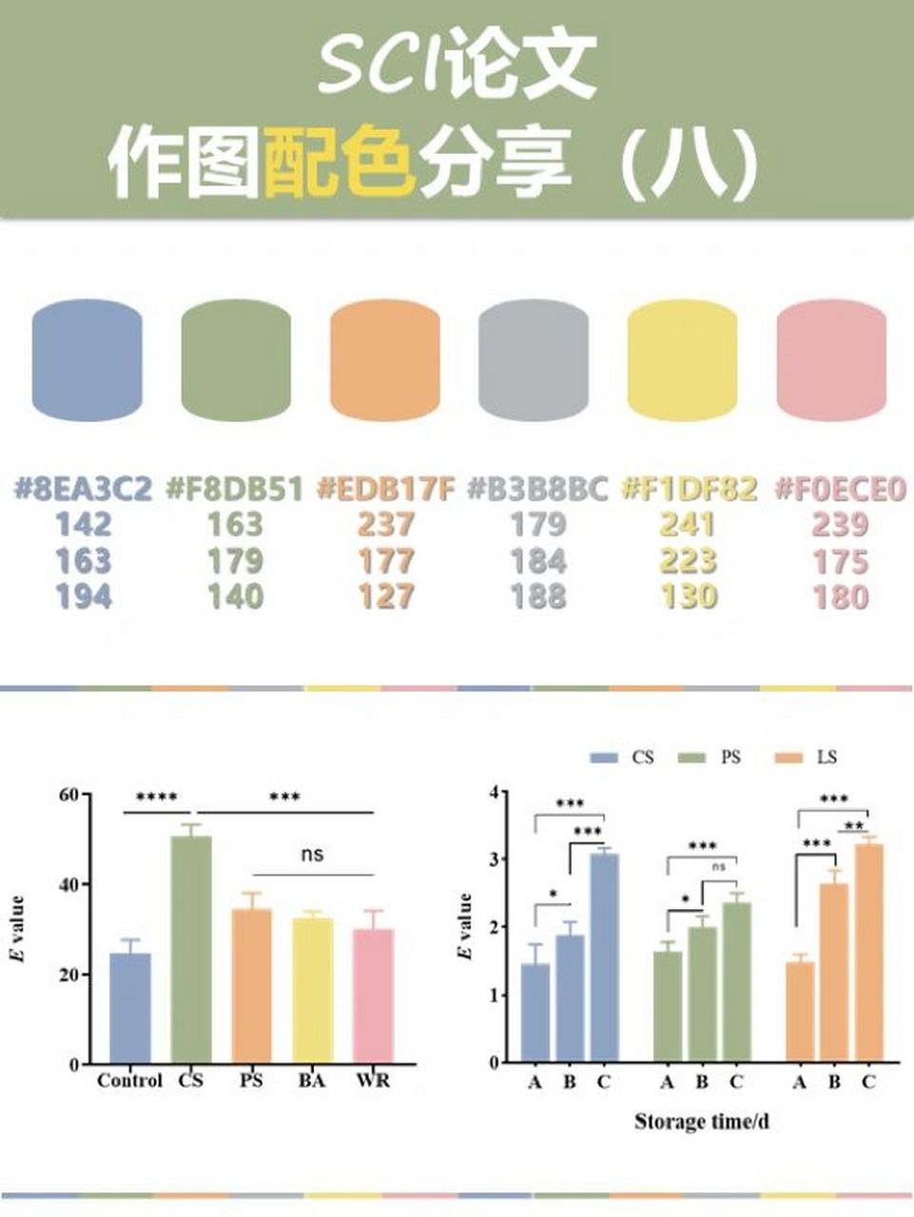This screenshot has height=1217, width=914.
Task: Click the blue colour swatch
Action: pyautogui.click(x=87, y=359)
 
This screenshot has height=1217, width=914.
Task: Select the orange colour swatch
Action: pyautogui.click(x=385, y=359)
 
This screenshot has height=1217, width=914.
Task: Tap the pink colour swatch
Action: pyautogui.click(x=831, y=359)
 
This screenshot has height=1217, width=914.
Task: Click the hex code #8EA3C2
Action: pyautogui.click(x=83, y=490)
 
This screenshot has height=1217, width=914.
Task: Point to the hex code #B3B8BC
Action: pyautogui.click(x=537, y=490)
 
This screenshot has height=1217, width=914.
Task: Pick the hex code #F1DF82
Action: pyautogui.click(x=689, y=490)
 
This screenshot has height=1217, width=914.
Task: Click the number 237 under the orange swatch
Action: pyautogui.click(x=386, y=525)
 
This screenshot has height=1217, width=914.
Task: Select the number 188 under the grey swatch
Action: pyautogui.click(x=537, y=597)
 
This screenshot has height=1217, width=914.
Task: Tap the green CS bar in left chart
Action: pyautogui.click(x=190, y=950)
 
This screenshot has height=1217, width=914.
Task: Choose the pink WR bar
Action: pyautogui.click(x=372, y=996)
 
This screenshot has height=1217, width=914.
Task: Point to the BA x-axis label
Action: pyautogui.click(x=311, y=1081)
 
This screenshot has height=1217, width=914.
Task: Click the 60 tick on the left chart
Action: pyautogui.click(x=68, y=795)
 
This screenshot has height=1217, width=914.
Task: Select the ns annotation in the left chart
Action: pyautogui.click(x=312, y=854)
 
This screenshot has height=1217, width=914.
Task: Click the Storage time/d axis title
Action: pyautogui.click(x=701, y=1122)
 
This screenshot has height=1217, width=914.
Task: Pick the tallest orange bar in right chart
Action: pyautogui.click(x=868, y=953)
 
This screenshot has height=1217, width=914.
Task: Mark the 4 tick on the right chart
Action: pyautogui.click(x=494, y=792)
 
